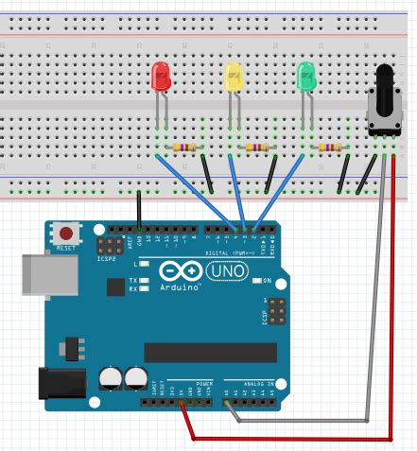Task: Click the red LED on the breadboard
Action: (x=162, y=78)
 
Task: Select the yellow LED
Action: (x=233, y=78)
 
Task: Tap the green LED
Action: (x=305, y=78)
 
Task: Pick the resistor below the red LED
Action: (x=182, y=147)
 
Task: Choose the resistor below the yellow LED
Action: (x=255, y=147)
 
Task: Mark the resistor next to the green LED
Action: (x=328, y=147)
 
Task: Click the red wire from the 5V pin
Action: (x=284, y=439)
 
